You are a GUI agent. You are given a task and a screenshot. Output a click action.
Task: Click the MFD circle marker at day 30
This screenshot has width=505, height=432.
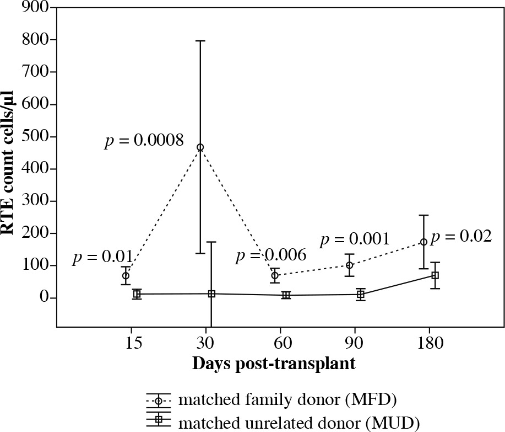200,147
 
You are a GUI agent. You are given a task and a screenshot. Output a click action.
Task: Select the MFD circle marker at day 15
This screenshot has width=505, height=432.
126,276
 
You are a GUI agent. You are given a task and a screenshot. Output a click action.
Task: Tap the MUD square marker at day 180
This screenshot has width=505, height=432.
435,275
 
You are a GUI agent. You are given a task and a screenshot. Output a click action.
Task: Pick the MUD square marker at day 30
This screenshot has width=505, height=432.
211,294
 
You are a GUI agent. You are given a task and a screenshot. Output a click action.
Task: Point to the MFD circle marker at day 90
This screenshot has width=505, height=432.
349,265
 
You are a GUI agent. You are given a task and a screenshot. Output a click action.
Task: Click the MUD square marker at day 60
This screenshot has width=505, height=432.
286,295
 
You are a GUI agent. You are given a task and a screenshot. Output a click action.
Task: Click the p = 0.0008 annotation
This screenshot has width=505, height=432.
144,142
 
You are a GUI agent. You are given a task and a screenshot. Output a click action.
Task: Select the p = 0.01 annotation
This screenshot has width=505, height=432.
102,257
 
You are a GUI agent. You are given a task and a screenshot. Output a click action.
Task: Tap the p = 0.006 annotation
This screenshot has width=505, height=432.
270,255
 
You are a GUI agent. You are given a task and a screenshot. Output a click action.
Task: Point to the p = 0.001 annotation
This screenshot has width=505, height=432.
355,239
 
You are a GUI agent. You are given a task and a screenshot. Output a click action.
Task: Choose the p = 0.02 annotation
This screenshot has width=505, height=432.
461,237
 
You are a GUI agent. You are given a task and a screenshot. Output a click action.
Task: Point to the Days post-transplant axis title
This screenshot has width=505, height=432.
273,364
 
